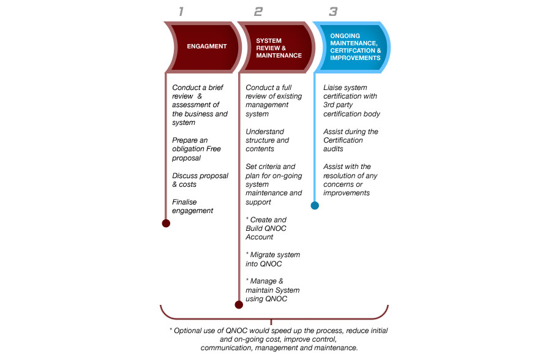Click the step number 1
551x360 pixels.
[x=181, y=12]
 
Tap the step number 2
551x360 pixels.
[x=258, y=12]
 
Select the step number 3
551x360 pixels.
[x=333, y=12]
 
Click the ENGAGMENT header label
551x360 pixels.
[x=207, y=46]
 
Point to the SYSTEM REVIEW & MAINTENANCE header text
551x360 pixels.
[x=279, y=48]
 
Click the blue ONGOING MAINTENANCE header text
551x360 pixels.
[x=355, y=47]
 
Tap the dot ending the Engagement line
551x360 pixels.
[x=166, y=223]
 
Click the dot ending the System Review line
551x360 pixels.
[x=239, y=304]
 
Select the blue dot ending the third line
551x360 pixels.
[x=315, y=205]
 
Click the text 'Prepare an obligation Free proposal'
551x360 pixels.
[x=197, y=149]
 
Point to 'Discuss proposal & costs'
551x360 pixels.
[x=200, y=180]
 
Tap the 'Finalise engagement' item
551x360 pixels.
[x=193, y=206]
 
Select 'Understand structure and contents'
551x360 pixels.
[x=267, y=140]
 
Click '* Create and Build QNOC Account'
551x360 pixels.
[x=266, y=228]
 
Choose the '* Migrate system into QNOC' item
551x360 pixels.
[x=272, y=259]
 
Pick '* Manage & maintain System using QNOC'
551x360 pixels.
[x=272, y=290]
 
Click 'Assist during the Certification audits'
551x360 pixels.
[x=351, y=140]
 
